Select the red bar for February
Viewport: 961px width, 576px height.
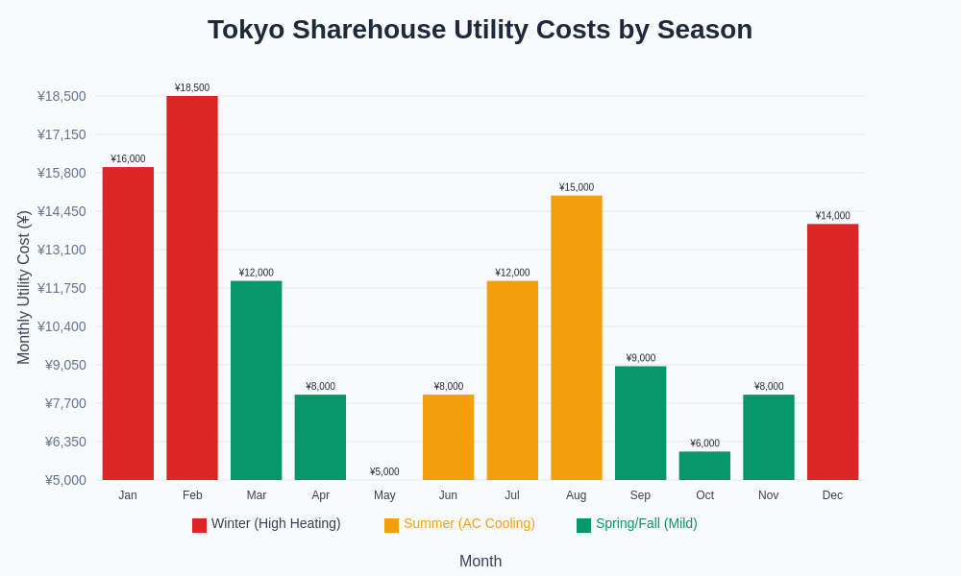click(x=192, y=288)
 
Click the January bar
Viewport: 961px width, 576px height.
click(x=128, y=324)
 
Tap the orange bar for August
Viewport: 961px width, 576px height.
click(x=577, y=338)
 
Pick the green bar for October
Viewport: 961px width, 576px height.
click(x=704, y=466)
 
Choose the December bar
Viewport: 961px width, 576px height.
click(x=832, y=352)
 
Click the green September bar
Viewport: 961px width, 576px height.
click(x=640, y=423)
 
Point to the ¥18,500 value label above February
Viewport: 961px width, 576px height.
click(x=192, y=87)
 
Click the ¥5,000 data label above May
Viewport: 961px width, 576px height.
click(x=384, y=471)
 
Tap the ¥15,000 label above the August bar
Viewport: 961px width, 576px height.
click(x=577, y=187)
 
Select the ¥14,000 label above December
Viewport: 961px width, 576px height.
click(x=832, y=216)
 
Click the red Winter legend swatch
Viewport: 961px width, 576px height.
click(x=199, y=525)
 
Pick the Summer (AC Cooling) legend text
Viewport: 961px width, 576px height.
click(x=469, y=523)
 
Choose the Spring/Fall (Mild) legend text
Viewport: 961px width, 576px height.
click(x=646, y=523)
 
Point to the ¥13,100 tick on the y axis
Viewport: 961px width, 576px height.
click(x=62, y=250)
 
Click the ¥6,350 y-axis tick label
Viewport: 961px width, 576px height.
click(x=65, y=442)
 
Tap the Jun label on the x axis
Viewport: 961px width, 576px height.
click(x=448, y=495)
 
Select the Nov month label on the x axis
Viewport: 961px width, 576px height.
click(x=768, y=495)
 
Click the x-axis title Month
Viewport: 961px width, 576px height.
click(x=480, y=562)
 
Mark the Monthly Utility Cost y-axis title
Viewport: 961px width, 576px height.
click(x=24, y=288)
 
